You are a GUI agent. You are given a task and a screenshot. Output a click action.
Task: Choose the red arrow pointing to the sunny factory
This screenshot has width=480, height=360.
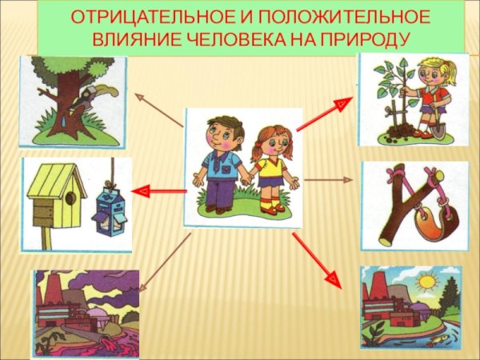pos(314,260)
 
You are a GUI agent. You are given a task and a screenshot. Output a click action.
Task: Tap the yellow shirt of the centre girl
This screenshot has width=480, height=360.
pos(271,167)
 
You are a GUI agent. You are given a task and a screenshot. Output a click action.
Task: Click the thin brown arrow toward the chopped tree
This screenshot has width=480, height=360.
pos(160,110)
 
